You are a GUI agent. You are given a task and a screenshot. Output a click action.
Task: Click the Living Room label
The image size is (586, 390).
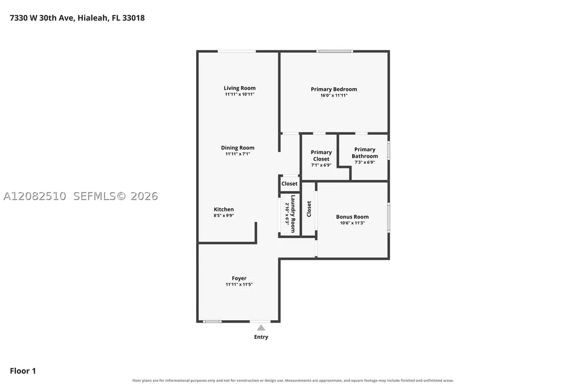[240, 88]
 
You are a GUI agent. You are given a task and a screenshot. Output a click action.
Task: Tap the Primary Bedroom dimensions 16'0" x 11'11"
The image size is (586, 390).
[334, 95]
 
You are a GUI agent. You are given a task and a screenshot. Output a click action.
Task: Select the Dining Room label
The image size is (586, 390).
[238, 148]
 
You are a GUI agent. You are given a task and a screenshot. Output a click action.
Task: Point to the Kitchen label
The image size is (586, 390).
[224, 210]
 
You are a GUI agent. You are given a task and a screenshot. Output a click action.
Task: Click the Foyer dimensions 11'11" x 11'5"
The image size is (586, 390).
[239, 284]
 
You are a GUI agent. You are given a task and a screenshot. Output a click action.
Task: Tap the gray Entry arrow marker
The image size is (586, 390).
[261, 328]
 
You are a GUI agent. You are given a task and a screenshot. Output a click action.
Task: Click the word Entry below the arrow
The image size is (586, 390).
[261, 337]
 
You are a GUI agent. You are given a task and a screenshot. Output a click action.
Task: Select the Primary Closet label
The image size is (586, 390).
[321, 156]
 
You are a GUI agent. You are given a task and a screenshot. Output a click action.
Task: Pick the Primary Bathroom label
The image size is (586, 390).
[365, 152]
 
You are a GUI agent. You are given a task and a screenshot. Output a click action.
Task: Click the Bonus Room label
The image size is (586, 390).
[352, 217]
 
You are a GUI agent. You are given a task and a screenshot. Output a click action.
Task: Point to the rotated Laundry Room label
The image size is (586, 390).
[293, 214]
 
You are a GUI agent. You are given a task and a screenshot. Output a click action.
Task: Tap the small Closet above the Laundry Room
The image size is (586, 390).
[289, 184]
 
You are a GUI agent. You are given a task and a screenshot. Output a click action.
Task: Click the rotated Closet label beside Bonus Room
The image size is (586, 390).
[309, 209]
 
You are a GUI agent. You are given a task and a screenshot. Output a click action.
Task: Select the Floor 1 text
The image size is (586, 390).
[23, 371]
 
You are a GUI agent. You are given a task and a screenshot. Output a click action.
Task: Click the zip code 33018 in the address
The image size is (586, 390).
[133, 18]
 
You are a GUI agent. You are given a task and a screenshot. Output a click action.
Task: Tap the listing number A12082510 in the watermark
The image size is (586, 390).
[35, 196]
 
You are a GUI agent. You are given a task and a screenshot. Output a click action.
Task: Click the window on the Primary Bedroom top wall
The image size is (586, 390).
[334, 51]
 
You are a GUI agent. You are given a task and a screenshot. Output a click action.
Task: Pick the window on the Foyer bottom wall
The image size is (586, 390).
[212, 321]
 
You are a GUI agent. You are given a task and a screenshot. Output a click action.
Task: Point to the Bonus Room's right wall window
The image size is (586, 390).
[389, 217]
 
